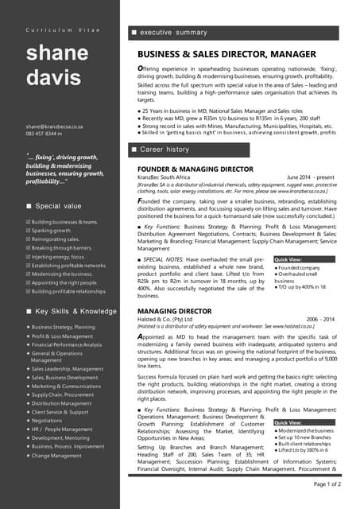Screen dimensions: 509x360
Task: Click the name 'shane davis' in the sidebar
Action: [x=58, y=67]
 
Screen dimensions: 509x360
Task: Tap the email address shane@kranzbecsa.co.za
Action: [x=55, y=126]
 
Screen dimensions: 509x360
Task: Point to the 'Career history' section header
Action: [x=165, y=150]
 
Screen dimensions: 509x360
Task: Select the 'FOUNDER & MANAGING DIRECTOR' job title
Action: [x=195, y=169]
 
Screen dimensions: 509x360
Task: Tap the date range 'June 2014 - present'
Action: [x=311, y=177]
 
